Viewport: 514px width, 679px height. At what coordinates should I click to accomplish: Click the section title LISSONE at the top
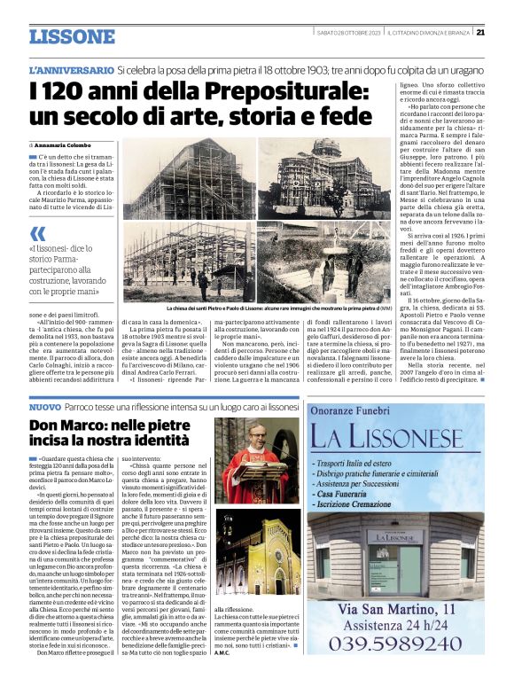coord(73,37)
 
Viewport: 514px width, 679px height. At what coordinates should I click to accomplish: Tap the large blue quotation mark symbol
coord(37,233)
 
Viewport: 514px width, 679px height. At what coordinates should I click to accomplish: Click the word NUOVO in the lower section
coord(44,407)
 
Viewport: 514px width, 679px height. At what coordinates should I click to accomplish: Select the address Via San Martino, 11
coord(396,608)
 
